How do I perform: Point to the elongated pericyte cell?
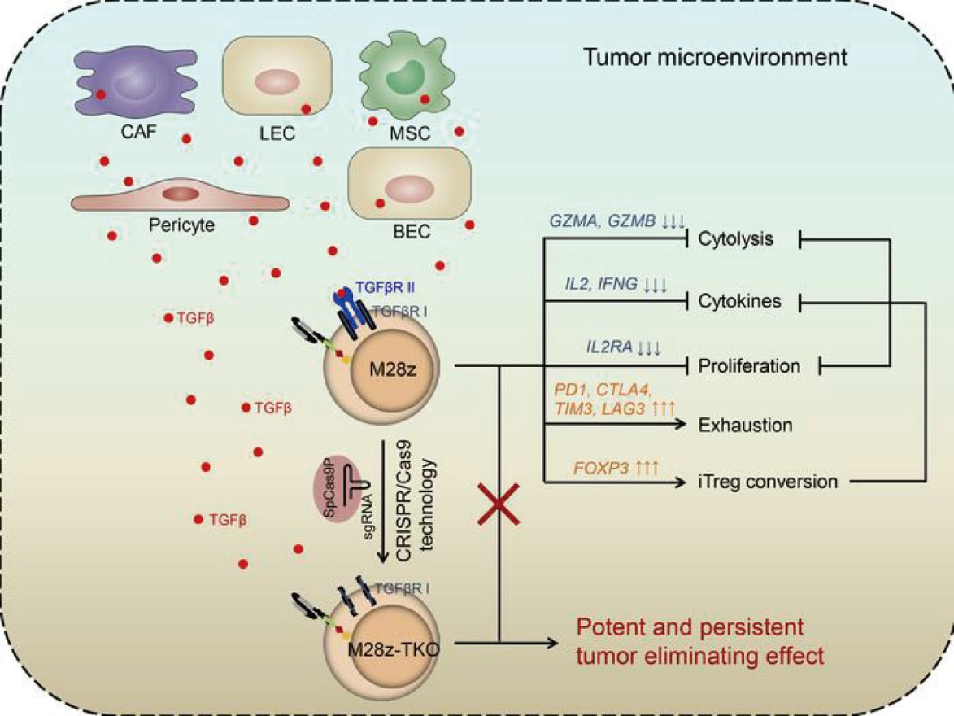pos(180,196)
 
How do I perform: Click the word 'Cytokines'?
pos(740,302)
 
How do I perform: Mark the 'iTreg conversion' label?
pos(767,481)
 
